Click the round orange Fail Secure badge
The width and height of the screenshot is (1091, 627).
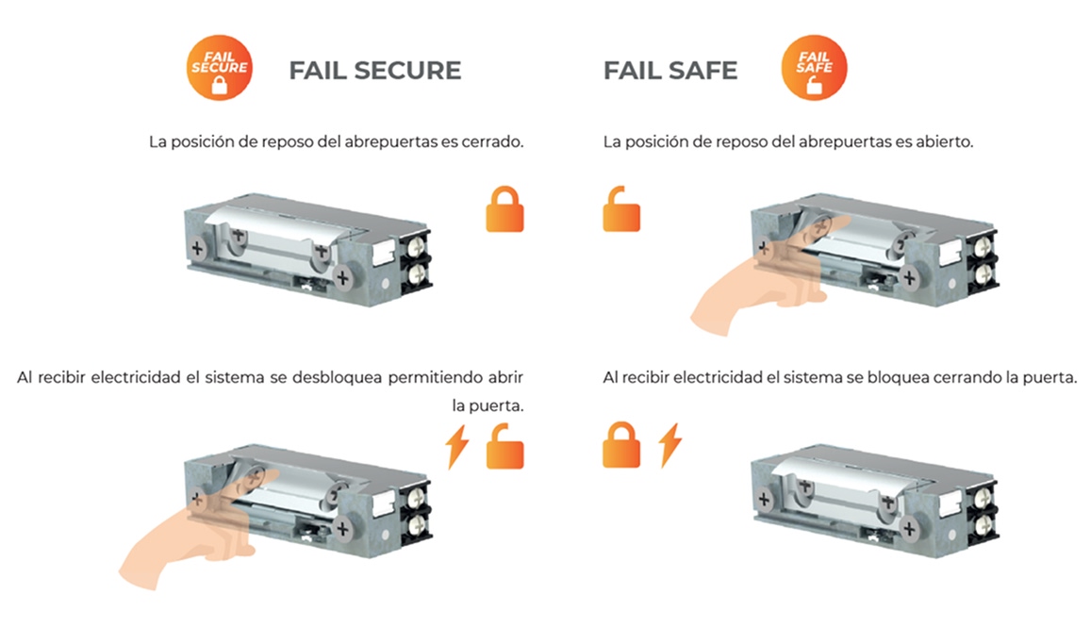(x=219, y=68)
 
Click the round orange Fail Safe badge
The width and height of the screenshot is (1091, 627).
(x=814, y=68)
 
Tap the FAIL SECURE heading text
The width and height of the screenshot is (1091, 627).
(x=375, y=71)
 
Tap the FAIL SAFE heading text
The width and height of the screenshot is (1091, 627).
(x=670, y=71)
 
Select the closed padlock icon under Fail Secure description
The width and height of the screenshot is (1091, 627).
(x=504, y=208)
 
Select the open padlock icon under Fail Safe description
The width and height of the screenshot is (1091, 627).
(x=621, y=208)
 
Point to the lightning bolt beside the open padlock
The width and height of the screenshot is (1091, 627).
(x=457, y=446)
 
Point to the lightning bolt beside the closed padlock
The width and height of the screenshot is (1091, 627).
(x=670, y=445)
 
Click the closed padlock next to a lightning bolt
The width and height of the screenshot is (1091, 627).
(x=621, y=445)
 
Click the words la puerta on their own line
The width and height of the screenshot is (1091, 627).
(x=488, y=405)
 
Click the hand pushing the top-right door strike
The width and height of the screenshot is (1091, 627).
(x=765, y=276)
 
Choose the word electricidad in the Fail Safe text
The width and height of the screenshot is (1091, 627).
(x=718, y=377)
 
